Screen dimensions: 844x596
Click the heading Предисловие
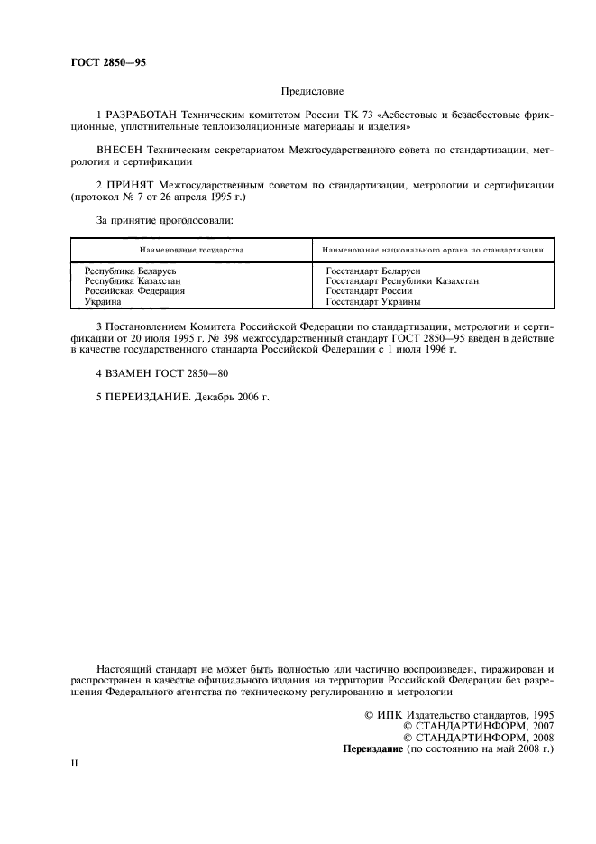click(x=313, y=91)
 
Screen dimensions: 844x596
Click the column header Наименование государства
click(x=190, y=249)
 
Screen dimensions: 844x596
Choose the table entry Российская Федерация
click(x=135, y=291)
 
